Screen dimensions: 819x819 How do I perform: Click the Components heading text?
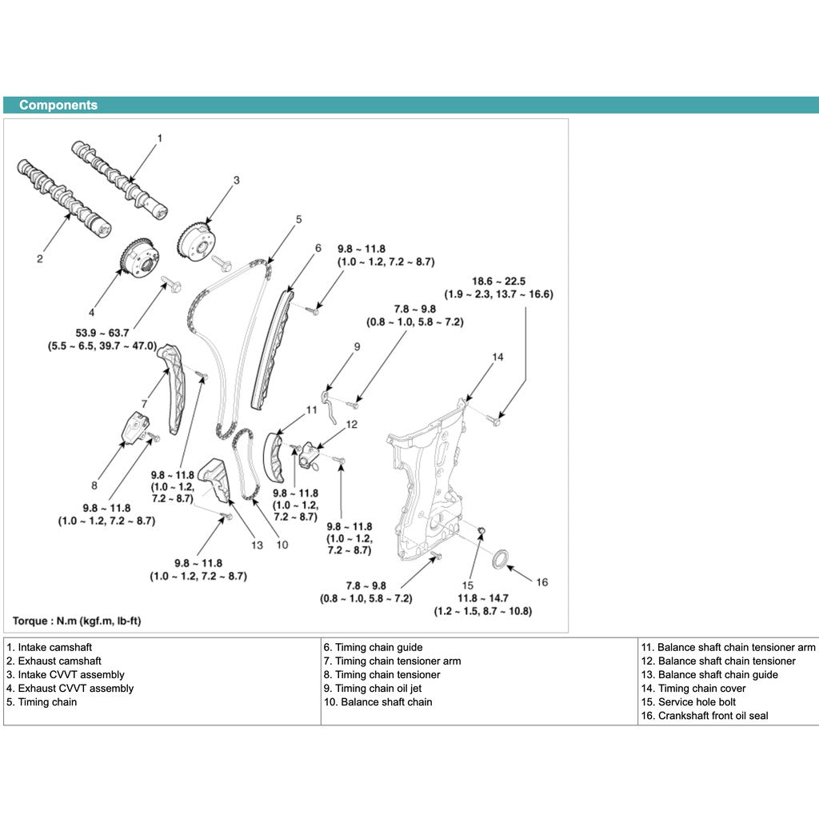58,105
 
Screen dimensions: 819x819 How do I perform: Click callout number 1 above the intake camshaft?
159,138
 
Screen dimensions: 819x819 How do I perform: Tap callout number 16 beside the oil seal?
541,582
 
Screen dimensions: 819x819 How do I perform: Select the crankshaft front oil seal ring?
500,557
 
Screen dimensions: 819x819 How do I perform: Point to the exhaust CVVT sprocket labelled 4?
136,257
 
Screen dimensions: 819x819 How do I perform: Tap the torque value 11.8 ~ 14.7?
482,597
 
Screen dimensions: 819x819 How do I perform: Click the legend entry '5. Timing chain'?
42,702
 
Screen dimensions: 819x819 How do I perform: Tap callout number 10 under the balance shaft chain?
282,545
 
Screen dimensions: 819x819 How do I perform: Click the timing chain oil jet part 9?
328,403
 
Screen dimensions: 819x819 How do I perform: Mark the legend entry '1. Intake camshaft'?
49,648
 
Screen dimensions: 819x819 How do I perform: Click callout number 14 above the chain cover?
497,357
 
